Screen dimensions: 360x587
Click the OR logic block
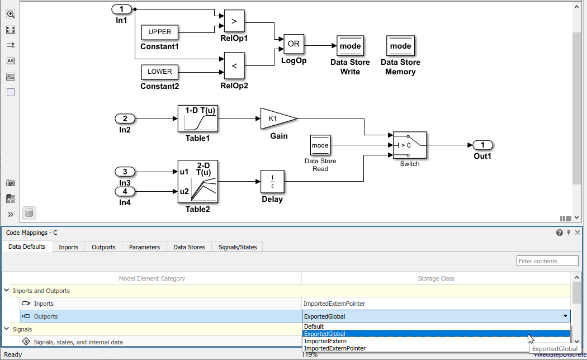click(x=293, y=44)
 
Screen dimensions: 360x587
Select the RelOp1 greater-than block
click(x=234, y=21)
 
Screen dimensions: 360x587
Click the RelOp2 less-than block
click(x=234, y=66)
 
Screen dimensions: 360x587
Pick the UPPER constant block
click(x=160, y=32)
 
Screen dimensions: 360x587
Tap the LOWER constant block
click(x=160, y=72)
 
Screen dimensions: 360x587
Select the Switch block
click(x=409, y=145)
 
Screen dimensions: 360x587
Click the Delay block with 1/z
click(x=272, y=182)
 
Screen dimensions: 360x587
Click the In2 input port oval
click(x=125, y=119)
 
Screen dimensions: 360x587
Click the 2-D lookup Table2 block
click(x=197, y=182)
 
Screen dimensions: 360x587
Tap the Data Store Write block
click(x=351, y=46)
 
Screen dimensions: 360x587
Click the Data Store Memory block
click(x=400, y=46)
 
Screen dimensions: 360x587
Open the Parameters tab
click(x=144, y=247)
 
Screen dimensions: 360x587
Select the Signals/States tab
click(x=238, y=247)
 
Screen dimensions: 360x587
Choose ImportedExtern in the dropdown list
click(x=325, y=341)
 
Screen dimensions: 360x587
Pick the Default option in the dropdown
click(x=314, y=326)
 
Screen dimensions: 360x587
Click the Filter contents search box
click(x=547, y=261)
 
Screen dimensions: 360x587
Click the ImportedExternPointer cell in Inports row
click(x=334, y=304)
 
